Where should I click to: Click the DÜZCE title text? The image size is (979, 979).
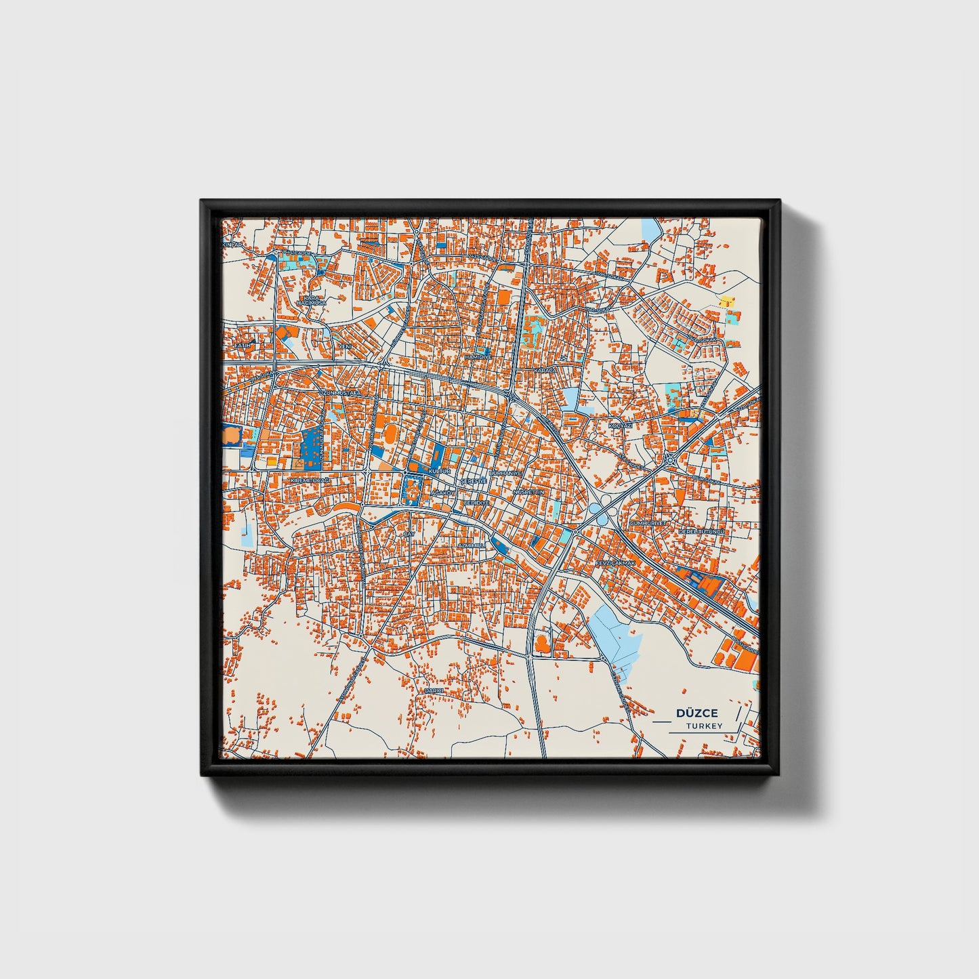click(x=697, y=713)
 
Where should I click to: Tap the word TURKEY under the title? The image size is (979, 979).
click(x=703, y=726)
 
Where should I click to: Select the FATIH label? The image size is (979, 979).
click(x=242, y=346)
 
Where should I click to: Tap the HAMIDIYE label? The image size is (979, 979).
click(x=477, y=357)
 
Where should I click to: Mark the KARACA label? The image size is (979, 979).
click(x=545, y=371)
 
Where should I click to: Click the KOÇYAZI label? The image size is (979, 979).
click(x=620, y=425)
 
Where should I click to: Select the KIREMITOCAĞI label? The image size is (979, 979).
click(x=310, y=480)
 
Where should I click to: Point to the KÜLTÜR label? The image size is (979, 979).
click(x=440, y=470)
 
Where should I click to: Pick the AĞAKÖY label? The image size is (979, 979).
click(x=444, y=492)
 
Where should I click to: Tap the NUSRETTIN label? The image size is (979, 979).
click(x=528, y=492)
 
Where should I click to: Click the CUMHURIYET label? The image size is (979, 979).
click(x=649, y=524)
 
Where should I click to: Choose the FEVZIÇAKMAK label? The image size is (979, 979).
click(x=615, y=563)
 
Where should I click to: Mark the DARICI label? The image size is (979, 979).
click(x=433, y=690)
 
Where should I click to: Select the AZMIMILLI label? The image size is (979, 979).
click(x=472, y=545)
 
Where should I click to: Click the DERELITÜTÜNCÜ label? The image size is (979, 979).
click(x=702, y=532)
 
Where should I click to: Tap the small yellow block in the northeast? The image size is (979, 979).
click(x=726, y=301)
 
